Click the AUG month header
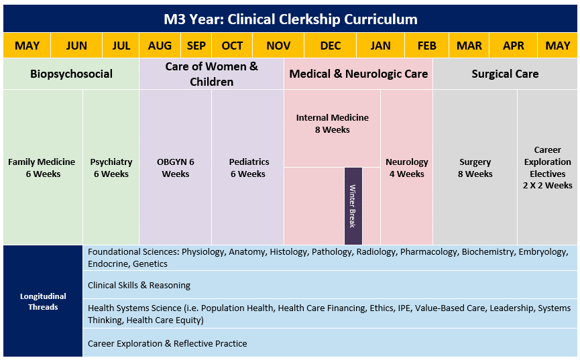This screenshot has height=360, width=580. (x=160, y=46)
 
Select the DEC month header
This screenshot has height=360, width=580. (x=331, y=46)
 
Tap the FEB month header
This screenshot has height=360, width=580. (x=427, y=46)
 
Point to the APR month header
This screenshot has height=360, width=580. (x=514, y=46)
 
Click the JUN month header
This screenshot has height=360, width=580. (x=76, y=46)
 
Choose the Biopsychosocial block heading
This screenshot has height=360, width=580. (x=71, y=74)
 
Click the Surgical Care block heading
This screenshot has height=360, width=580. (x=505, y=74)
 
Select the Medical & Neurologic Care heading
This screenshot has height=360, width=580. (x=359, y=74)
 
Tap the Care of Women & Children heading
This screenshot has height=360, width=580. (x=212, y=74)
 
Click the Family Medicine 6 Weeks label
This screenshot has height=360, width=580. (x=42, y=168)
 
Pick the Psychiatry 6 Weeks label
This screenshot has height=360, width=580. (x=111, y=168)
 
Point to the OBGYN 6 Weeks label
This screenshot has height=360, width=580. (x=175, y=168)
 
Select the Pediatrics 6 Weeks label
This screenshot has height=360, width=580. (x=249, y=168)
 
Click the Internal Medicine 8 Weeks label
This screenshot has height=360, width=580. (x=332, y=123)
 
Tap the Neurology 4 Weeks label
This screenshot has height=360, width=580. (x=407, y=168)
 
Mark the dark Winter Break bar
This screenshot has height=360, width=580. (x=353, y=206)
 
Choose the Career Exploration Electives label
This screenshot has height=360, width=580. (x=547, y=168)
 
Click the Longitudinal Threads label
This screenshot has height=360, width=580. (x=43, y=301)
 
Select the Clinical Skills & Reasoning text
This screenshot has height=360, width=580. (x=139, y=286)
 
